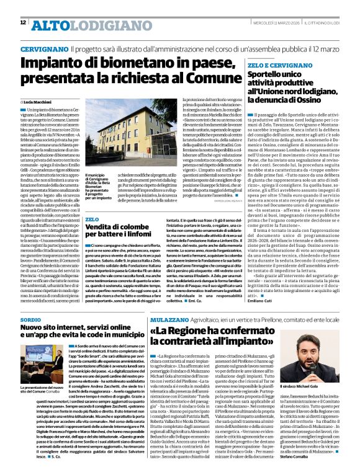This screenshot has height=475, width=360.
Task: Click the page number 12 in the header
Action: click(x=23, y=23)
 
